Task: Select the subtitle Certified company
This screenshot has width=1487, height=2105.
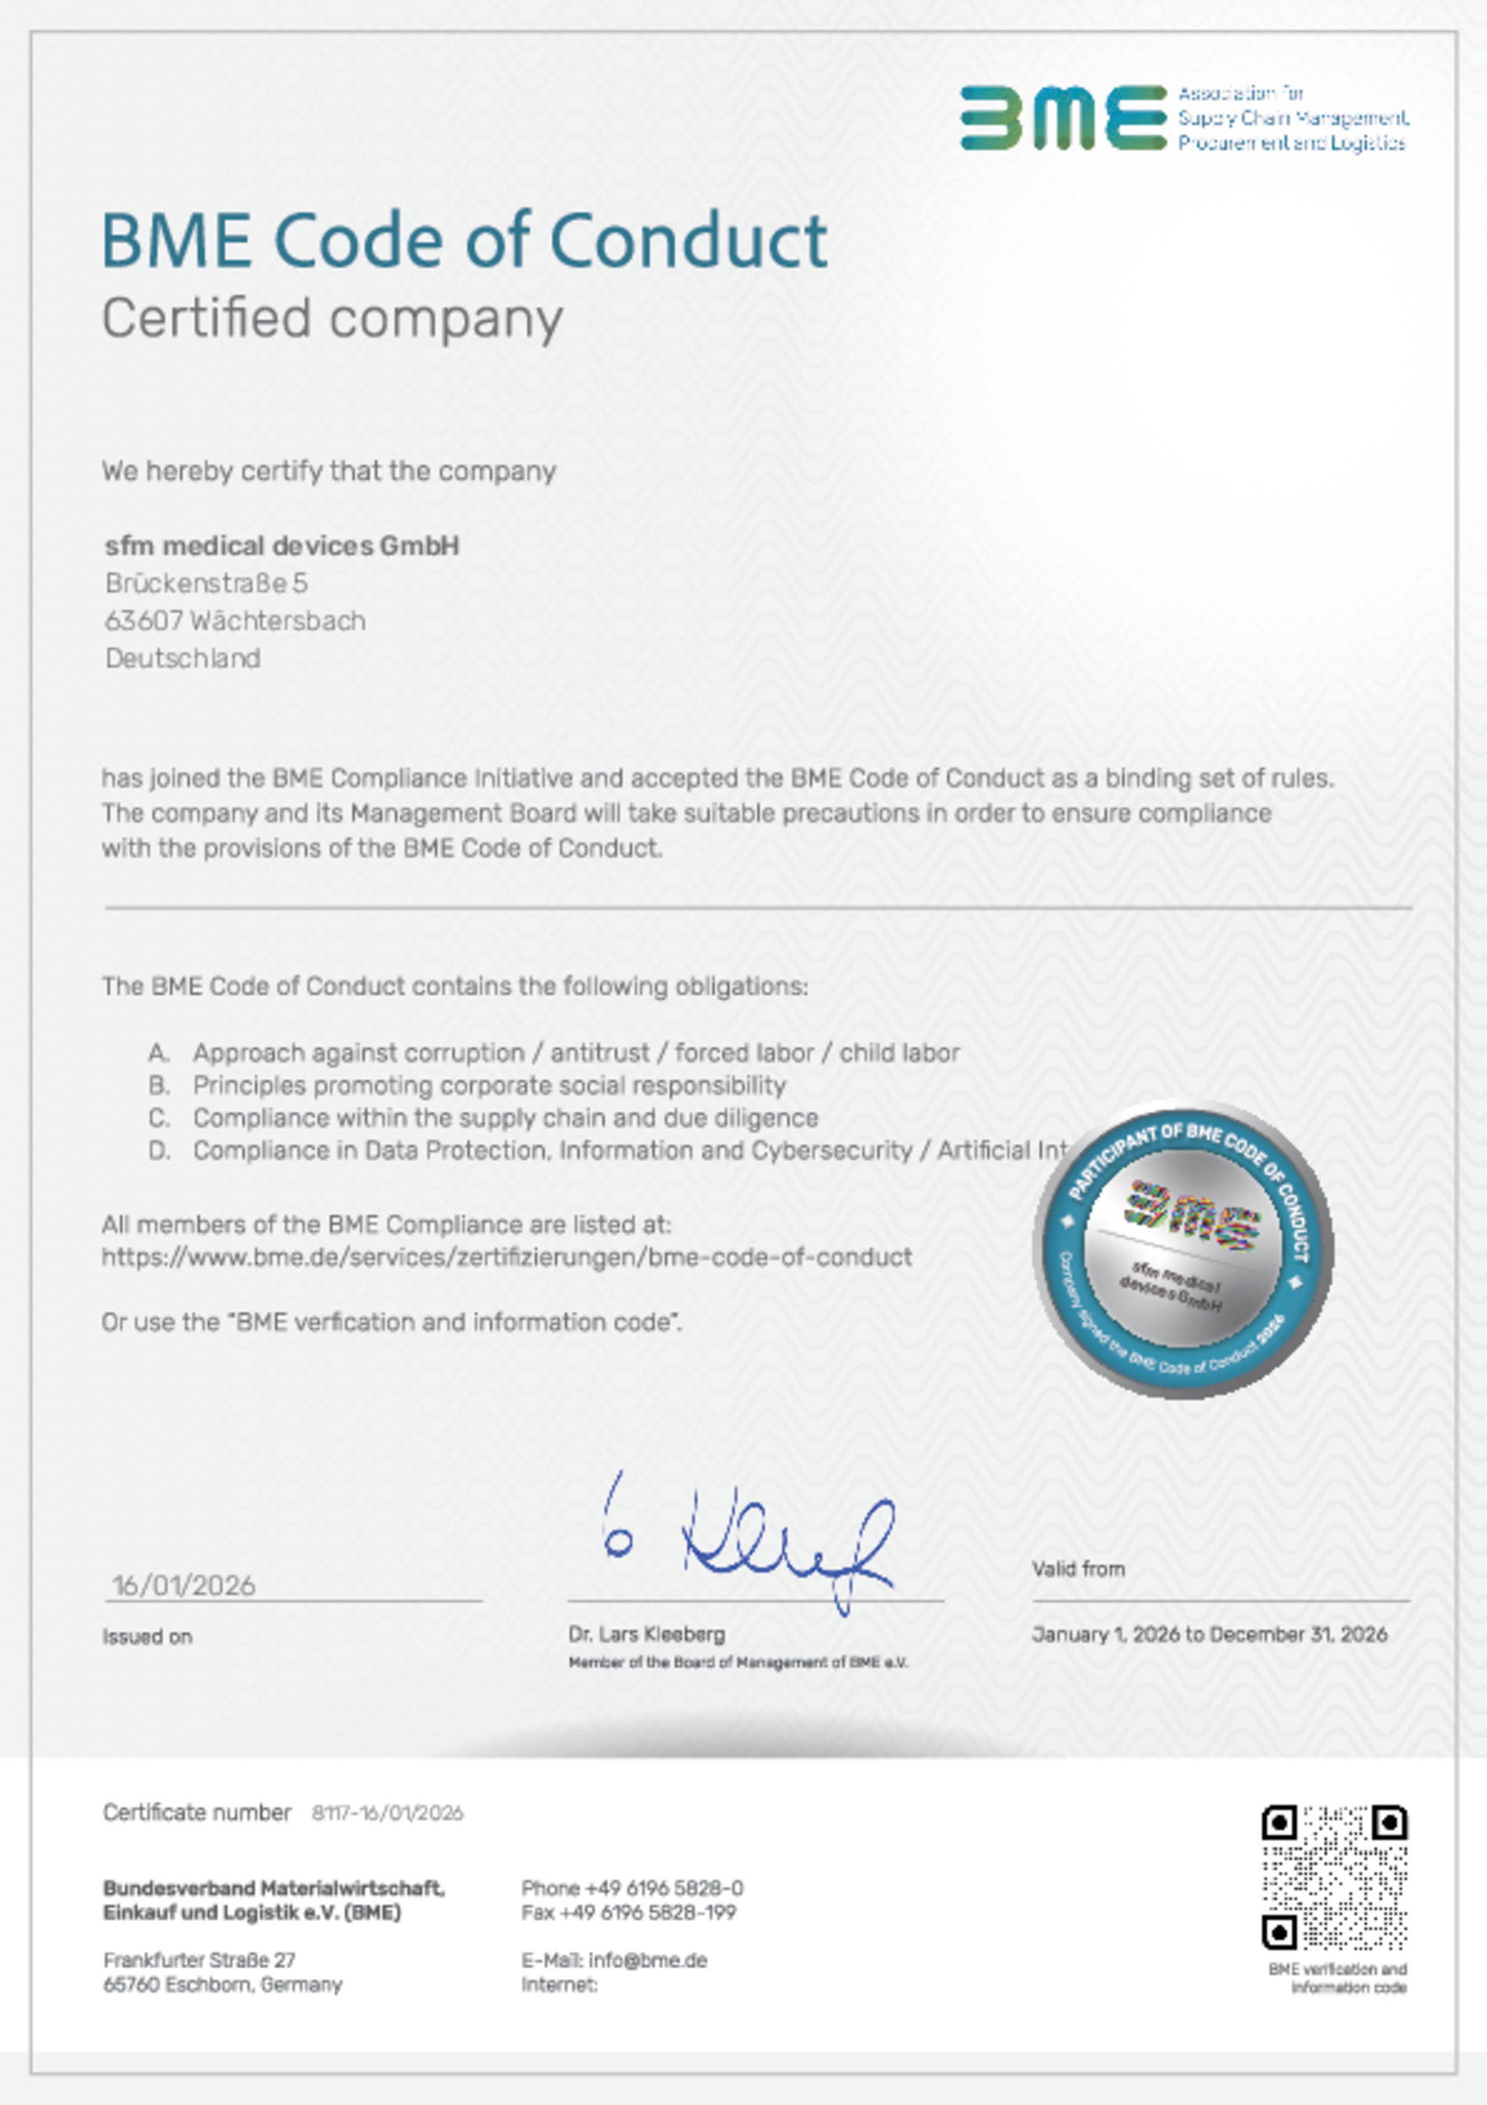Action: pyautogui.click(x=332, y=318)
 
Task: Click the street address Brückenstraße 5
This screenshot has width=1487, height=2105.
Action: pyautogui.click(x=206, y=583)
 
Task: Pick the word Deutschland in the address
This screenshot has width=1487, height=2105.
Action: pyautogui.click(x=183, y=658)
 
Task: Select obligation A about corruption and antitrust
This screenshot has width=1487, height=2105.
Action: pyautogui.click(x=575, y=1052)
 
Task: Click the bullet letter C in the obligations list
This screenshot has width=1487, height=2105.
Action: pyautogui.click(x=160, y=1118)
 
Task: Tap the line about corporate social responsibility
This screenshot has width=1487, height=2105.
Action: pyautogui.click(x=489, y=1086)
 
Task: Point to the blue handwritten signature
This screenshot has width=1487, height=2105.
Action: pyautogui.click(x=747, y=1543)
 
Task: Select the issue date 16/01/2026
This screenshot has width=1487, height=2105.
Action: pyautogui.click(x=184, y=1585)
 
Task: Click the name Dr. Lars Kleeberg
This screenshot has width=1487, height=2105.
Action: pyautogui.click(x=647, y=1634)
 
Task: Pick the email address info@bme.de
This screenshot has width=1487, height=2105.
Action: pyautogui.click(x=647, y=1960)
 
